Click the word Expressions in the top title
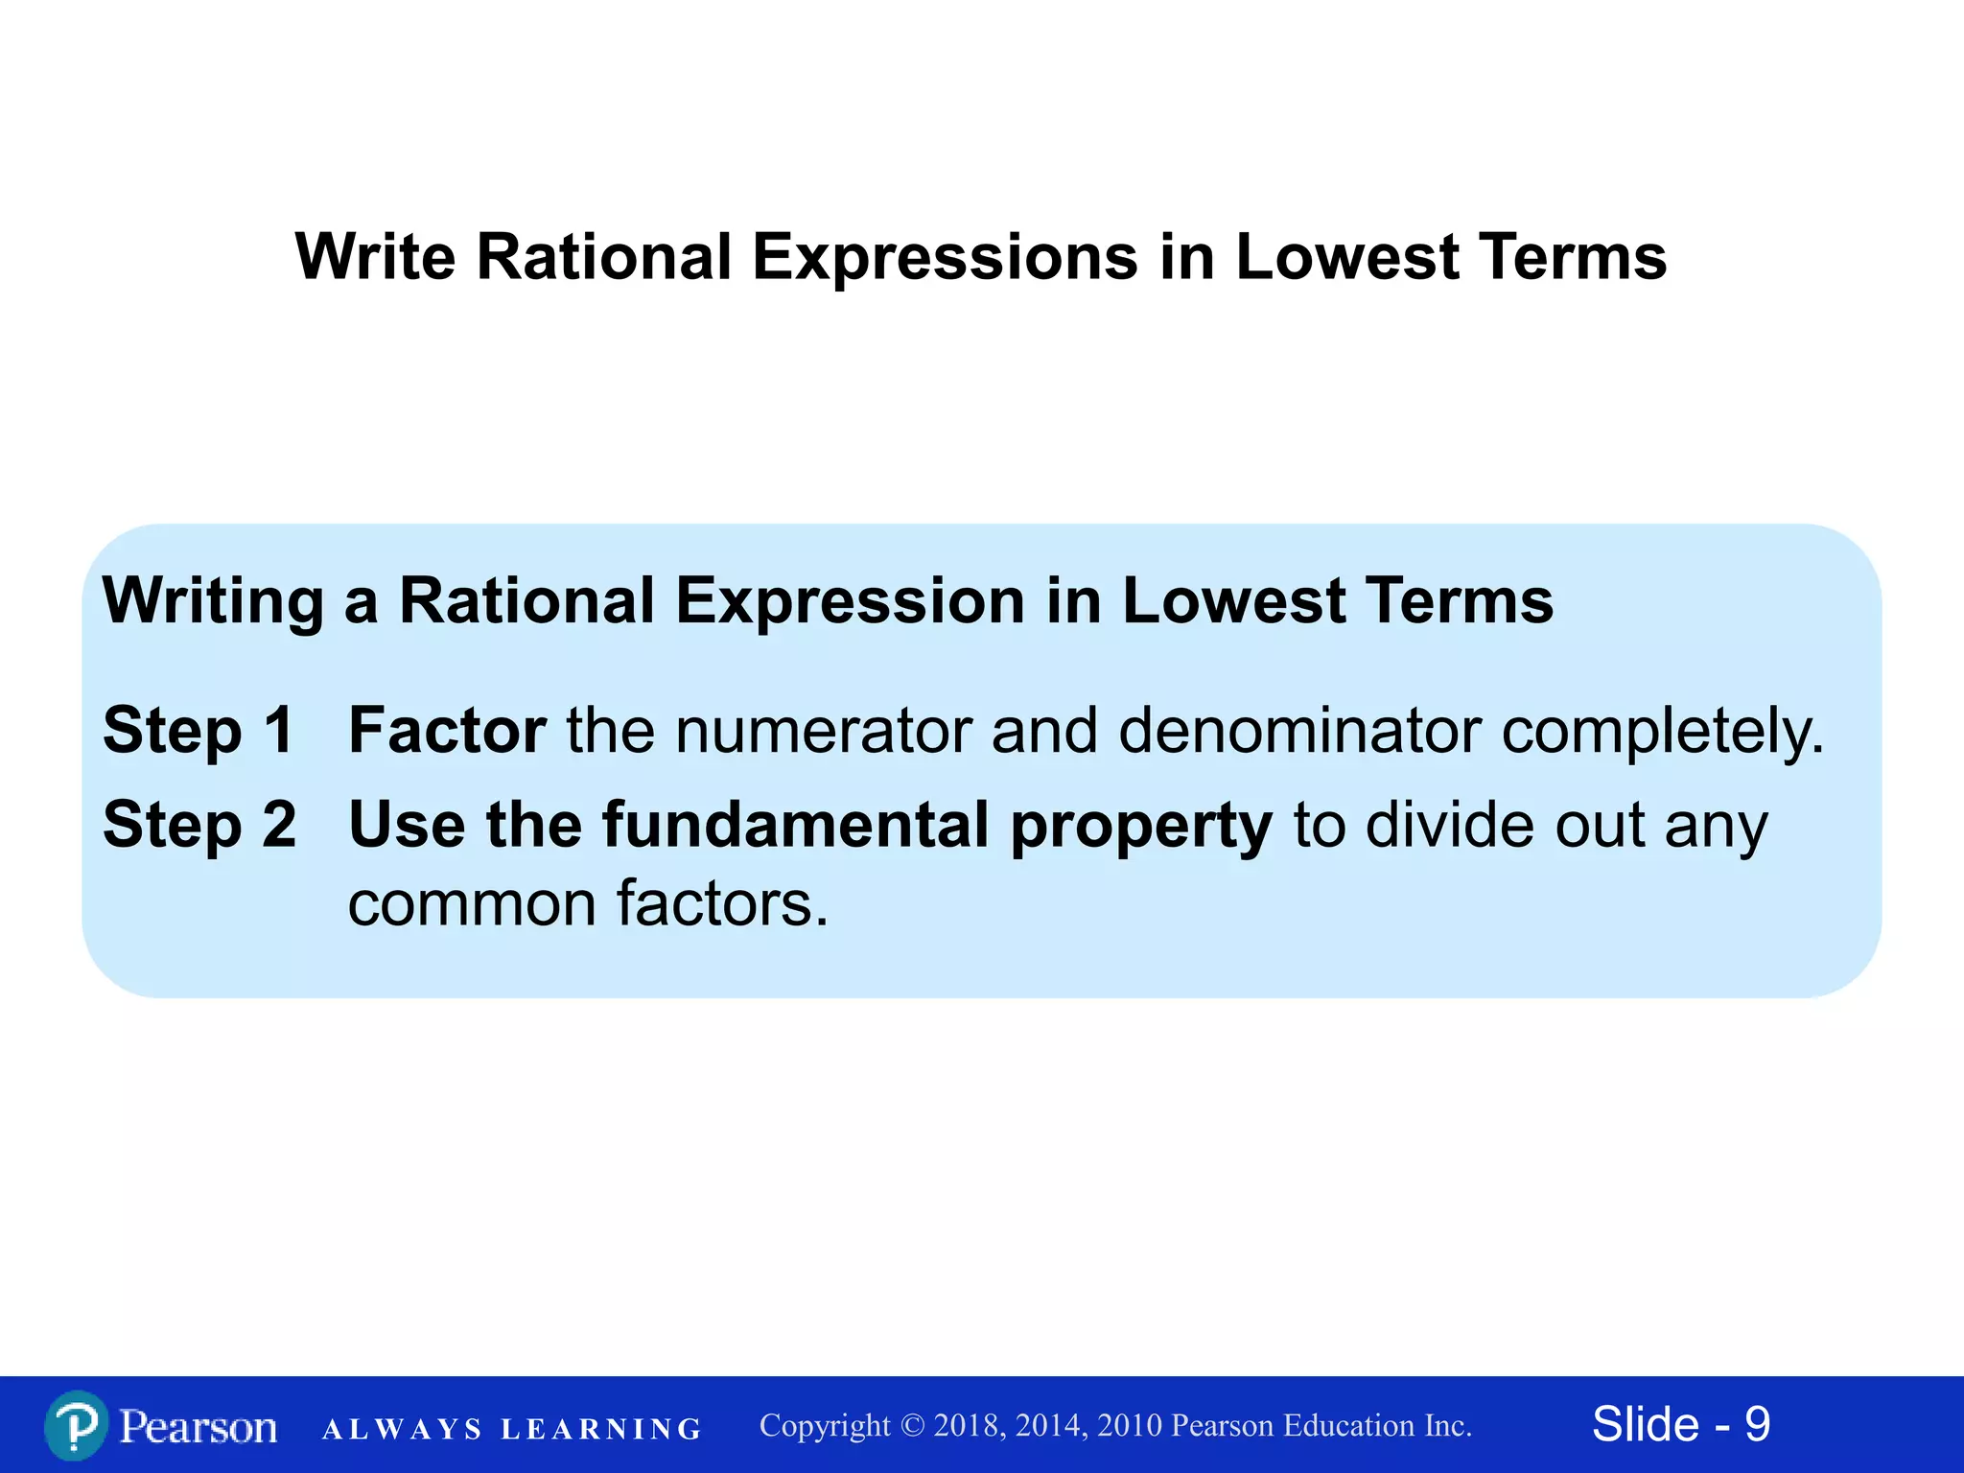point(945,259)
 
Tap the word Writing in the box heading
point(213,602)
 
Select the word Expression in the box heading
point(850,601)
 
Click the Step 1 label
point(199,731)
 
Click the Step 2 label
point(199,825)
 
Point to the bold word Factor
point(447,731)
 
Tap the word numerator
point(823,731)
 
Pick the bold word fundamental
point(796,825)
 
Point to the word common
point(471,904)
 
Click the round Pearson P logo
point(76,1426)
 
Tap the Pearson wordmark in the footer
point(199,1427)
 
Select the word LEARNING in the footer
point(601,1429)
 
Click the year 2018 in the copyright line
point(969,1426)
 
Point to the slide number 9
point(1757,1424)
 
